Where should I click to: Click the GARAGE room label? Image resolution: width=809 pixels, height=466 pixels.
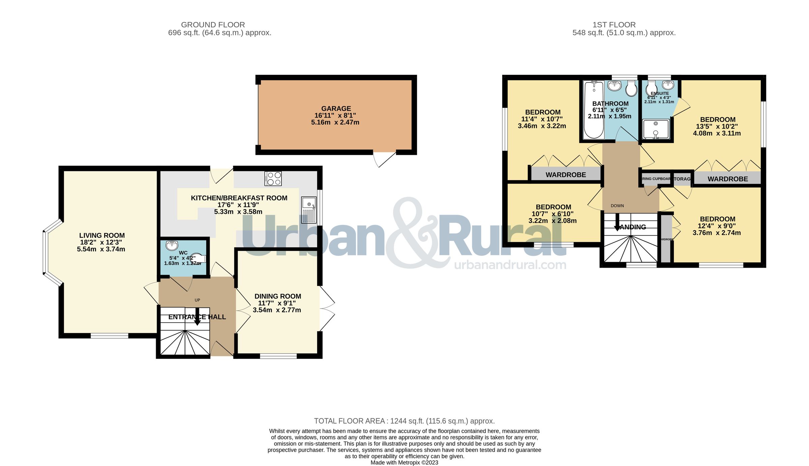click(336, 108)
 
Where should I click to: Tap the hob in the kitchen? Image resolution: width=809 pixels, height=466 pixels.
click(273, 178)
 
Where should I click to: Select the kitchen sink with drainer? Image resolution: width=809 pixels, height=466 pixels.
click(309, 210)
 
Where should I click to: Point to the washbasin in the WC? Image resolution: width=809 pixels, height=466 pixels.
click(172, 245)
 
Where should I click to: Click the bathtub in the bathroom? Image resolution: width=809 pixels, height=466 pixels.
click(594, 110)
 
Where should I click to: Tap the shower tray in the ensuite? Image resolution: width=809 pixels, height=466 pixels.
click(656, 129)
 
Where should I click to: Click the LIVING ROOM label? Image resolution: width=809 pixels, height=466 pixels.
click(102, 235)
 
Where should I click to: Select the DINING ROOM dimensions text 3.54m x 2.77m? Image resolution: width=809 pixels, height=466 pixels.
click(277, 310)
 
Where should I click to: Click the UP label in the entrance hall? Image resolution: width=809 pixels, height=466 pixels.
click(197, 300)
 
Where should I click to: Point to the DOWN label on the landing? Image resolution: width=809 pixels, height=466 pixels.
click(617, 206)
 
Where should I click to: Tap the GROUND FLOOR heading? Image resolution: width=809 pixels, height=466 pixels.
click(213, 25)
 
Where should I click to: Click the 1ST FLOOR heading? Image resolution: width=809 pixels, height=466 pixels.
click(614, 25)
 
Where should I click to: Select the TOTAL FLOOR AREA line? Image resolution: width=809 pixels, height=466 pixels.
click(404, 421)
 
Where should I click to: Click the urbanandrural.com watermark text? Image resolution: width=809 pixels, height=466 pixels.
click(510, 265)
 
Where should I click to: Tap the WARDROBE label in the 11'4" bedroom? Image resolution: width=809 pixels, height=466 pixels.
click(566, 175)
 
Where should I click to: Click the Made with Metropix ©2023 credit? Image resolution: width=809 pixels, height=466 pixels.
click(404, 463)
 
